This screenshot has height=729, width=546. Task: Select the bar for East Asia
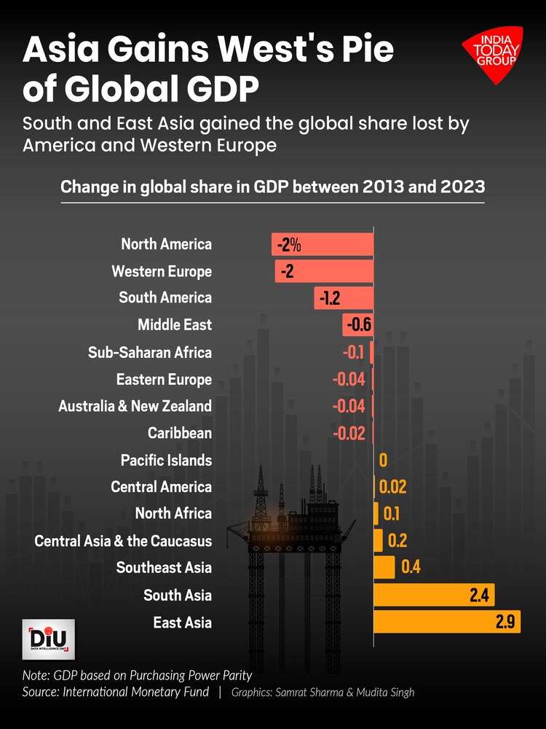pyautogui.click(x=446, y=622)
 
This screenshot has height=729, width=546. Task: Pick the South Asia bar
pyautogui.click(x=434, y=595)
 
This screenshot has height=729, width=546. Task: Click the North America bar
pyautogui.click(x=323, y=244)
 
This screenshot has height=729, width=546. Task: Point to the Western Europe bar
pyautogui.click(x=324, y=271)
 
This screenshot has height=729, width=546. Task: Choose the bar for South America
pyautogui.click(x=344, y=298)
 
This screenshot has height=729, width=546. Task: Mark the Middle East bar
pyautogui.click(x=357, y=325)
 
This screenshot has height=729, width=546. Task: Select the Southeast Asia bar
pyautogui.click(x=384, y=567)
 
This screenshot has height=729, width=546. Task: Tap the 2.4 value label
pyautogui.click(x=480, y=595)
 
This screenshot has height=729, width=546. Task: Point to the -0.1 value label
pyautogui.click(x=353, y=353)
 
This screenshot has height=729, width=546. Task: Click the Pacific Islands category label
pyautogui.click(x=166, y=460)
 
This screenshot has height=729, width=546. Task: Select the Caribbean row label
pyautogui.click(x=179, y=433)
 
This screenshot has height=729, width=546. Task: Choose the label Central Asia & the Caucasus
pyautogui.click(x=123, y=541)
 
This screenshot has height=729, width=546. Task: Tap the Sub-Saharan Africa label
pyautogui.click(x=150, y=353)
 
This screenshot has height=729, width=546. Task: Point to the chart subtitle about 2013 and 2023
pyautogui.click(x=272, y=187)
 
